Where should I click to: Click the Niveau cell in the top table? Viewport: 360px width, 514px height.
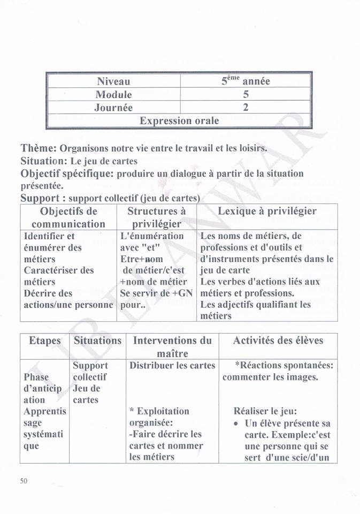(113, 81)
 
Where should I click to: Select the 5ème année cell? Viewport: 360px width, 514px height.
(246, 81)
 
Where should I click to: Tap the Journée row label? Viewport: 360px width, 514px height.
(113, 108)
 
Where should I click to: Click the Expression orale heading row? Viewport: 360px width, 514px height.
(179, 120)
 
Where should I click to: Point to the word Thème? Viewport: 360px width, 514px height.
(39, 148)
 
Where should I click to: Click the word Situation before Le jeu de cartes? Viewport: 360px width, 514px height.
(44, 161)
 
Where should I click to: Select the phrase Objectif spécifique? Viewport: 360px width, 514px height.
(67, 173)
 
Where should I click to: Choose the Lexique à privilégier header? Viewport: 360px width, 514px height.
(267, 211)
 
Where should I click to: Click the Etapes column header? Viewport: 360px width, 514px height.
(45, 341)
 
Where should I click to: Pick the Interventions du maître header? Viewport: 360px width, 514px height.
(172, 346)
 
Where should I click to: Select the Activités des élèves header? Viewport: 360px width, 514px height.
(278, 341)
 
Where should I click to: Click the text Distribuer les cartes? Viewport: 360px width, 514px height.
(172, 366)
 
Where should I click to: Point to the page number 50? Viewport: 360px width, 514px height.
(24, 481)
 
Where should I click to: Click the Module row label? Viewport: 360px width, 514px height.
(113, 95)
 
